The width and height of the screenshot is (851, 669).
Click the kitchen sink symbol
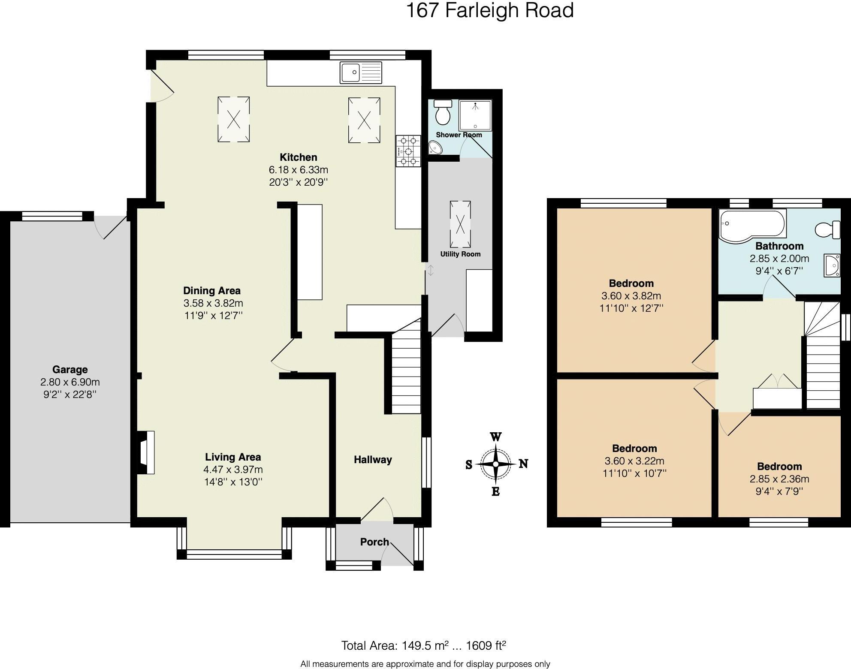click(x=361, y=72)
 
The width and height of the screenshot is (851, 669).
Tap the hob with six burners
click(x=408, y=151)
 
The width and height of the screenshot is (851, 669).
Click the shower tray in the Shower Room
click(x=475, y=115)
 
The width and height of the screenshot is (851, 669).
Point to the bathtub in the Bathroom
click(x=752, y=225)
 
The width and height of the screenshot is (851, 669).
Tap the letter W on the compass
click(x=495, y=437)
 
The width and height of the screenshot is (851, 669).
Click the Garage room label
click(x=70, y=369)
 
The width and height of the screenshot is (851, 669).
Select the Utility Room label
click(x=460, y=254)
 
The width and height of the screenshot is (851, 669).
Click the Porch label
click(x=374, y=542)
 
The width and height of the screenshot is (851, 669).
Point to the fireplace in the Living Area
click(x=146, y=452)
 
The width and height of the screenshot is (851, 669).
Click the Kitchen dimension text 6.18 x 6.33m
click(x=298, y=170)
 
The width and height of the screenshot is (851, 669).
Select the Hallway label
click(x=373, y=460)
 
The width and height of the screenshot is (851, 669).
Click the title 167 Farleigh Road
click(x=489, y=10)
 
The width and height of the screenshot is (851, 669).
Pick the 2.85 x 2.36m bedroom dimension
click(x=779, y=479)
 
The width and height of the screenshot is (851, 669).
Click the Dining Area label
click(x=212, y=290)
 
